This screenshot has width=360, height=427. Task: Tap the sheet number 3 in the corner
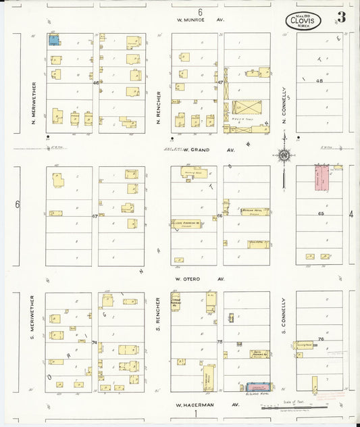(x=342, y=18)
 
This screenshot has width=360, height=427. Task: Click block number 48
(x=319, y=80)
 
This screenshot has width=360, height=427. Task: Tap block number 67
(x=95, y=216)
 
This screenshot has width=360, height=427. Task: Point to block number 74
(x=95, y=343)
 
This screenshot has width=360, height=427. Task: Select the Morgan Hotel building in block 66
(x=255, y=211)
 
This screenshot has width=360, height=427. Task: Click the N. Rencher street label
(x=158, y=111)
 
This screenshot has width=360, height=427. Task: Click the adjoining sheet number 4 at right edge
(x=351, y=214)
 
